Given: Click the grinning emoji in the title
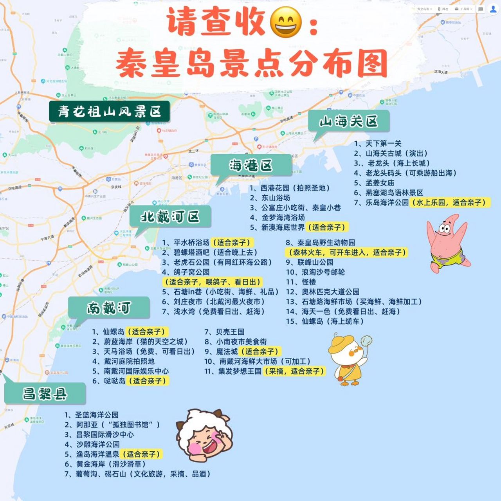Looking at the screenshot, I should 286,22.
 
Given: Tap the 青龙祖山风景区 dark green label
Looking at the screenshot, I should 110,112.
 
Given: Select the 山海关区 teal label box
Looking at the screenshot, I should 348,121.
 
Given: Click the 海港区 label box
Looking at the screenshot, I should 251,165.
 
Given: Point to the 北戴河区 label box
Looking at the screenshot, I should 170,216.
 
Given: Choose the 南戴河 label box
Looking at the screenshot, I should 109,308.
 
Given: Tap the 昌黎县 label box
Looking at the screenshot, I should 45,394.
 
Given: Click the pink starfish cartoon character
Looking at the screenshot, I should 446,243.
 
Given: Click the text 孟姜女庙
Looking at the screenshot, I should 379,183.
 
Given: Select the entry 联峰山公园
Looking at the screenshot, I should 315,262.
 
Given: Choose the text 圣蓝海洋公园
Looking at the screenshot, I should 96,415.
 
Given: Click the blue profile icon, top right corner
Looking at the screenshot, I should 493,9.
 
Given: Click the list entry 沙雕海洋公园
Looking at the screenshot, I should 97,444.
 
